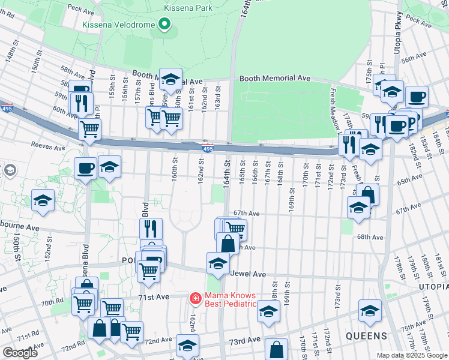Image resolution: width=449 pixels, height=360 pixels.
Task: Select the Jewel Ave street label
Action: point(247,274)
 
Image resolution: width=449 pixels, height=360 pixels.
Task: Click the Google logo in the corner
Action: point(20,353)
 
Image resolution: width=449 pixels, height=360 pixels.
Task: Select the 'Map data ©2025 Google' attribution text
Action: point(412,356)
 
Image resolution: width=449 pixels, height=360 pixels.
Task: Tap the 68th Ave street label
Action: point(370,237)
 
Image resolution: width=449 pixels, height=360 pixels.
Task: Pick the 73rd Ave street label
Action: point(243,341)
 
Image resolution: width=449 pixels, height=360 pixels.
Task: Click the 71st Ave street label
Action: point(154,298)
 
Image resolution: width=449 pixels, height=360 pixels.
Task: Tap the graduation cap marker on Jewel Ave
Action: point(218,263)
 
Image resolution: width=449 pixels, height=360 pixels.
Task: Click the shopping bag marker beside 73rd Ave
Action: point(276,349)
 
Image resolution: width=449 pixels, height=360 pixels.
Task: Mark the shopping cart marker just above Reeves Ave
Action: point(89,128)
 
